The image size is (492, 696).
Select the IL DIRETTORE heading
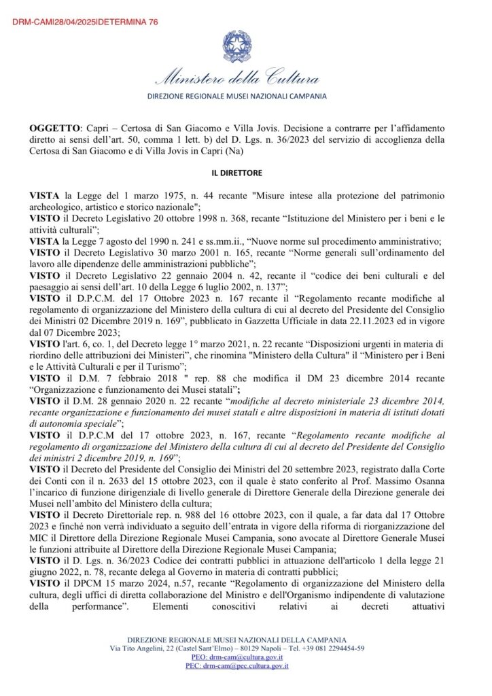pyautogui.click(x=245, y=173)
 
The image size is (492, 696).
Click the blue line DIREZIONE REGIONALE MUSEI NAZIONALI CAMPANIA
pyautogui.click(x=245, y=97)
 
